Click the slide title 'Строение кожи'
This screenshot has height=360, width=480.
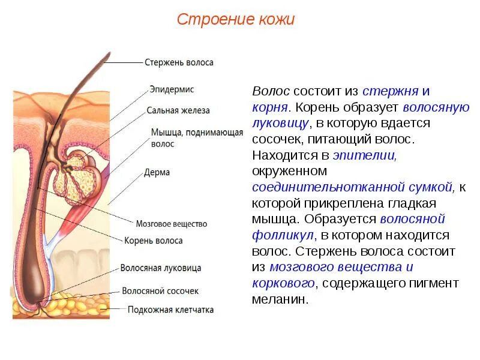coord(236,20)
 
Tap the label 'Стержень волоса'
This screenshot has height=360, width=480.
coord(179,62)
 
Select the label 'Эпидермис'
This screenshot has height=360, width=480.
coord(171,89)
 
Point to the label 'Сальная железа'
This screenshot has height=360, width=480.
coord(178,110)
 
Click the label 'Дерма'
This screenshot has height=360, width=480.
coord(157,172)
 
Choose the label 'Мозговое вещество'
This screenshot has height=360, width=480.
coord(172,224)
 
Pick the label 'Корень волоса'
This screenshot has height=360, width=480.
coord(153,241)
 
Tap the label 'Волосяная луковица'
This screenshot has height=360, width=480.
coord(161,268)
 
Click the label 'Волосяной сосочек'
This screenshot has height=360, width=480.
coord(160,290)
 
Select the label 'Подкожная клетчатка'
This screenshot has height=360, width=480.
coord(170,310)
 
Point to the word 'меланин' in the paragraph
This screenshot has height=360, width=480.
coord(280,299)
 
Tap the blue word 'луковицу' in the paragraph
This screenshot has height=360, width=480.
coord(280,124)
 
